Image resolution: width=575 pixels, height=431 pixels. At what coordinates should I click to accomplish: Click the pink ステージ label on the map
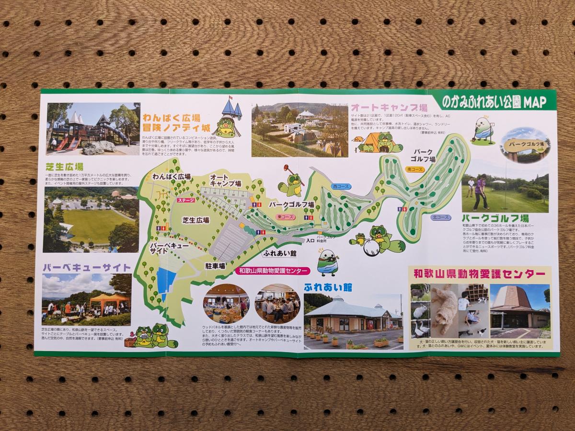(185, 200)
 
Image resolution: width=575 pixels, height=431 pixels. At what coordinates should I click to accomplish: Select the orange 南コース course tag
(415, 169)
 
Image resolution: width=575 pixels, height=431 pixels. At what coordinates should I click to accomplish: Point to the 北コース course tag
(440, 217)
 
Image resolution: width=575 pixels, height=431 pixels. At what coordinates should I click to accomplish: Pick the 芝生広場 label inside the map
(195, 220)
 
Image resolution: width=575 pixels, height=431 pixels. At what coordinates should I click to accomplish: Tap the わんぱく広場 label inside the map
(172, 176)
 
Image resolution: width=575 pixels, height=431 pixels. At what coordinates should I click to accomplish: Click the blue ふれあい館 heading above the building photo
(328, 287)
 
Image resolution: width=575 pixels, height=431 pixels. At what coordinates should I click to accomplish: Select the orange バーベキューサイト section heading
(86, 267)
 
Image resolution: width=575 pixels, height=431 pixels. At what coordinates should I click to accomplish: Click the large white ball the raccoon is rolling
(372, 247)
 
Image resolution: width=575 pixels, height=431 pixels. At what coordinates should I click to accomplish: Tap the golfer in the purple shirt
(480, 192)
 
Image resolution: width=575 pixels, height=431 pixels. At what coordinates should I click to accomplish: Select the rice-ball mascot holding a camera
(328, 262)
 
